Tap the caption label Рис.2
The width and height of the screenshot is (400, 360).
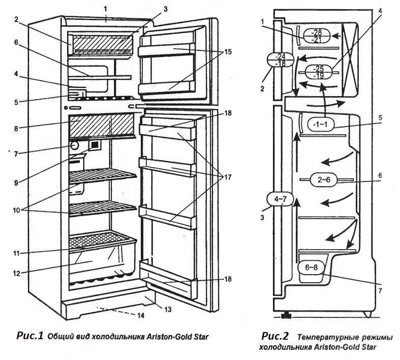coord(275,336)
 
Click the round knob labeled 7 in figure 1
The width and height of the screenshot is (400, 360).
coord(75,145)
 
